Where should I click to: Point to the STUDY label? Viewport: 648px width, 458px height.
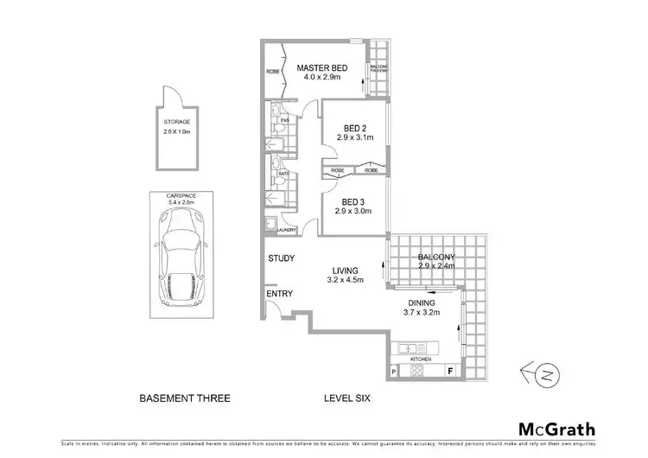[x=282, y=258]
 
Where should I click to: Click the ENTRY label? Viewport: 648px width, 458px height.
[x=280, y=294]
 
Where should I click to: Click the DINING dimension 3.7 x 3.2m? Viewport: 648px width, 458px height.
[x=423, y=313]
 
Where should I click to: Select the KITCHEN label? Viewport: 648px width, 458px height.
[x=421, y=359]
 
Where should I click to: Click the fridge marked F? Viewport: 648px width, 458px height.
[x=450, y=372]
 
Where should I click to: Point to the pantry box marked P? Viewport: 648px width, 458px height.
[x=395, y=372]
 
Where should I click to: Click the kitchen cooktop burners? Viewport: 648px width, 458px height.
[x=414, y=372]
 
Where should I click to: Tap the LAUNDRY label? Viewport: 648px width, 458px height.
[x=287, y=230]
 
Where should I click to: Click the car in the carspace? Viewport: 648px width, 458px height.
[x=182, y=259]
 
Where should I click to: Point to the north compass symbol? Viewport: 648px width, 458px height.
[x=539, y=373]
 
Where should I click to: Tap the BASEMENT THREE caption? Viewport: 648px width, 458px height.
[x=184, y=398]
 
